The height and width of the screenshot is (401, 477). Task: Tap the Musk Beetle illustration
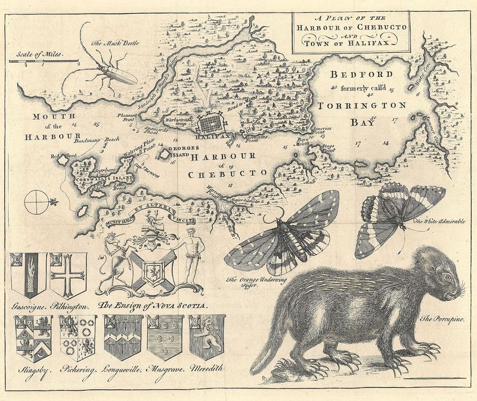110,69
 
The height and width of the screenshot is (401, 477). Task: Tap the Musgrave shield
165,337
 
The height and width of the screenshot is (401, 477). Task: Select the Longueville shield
122,337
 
